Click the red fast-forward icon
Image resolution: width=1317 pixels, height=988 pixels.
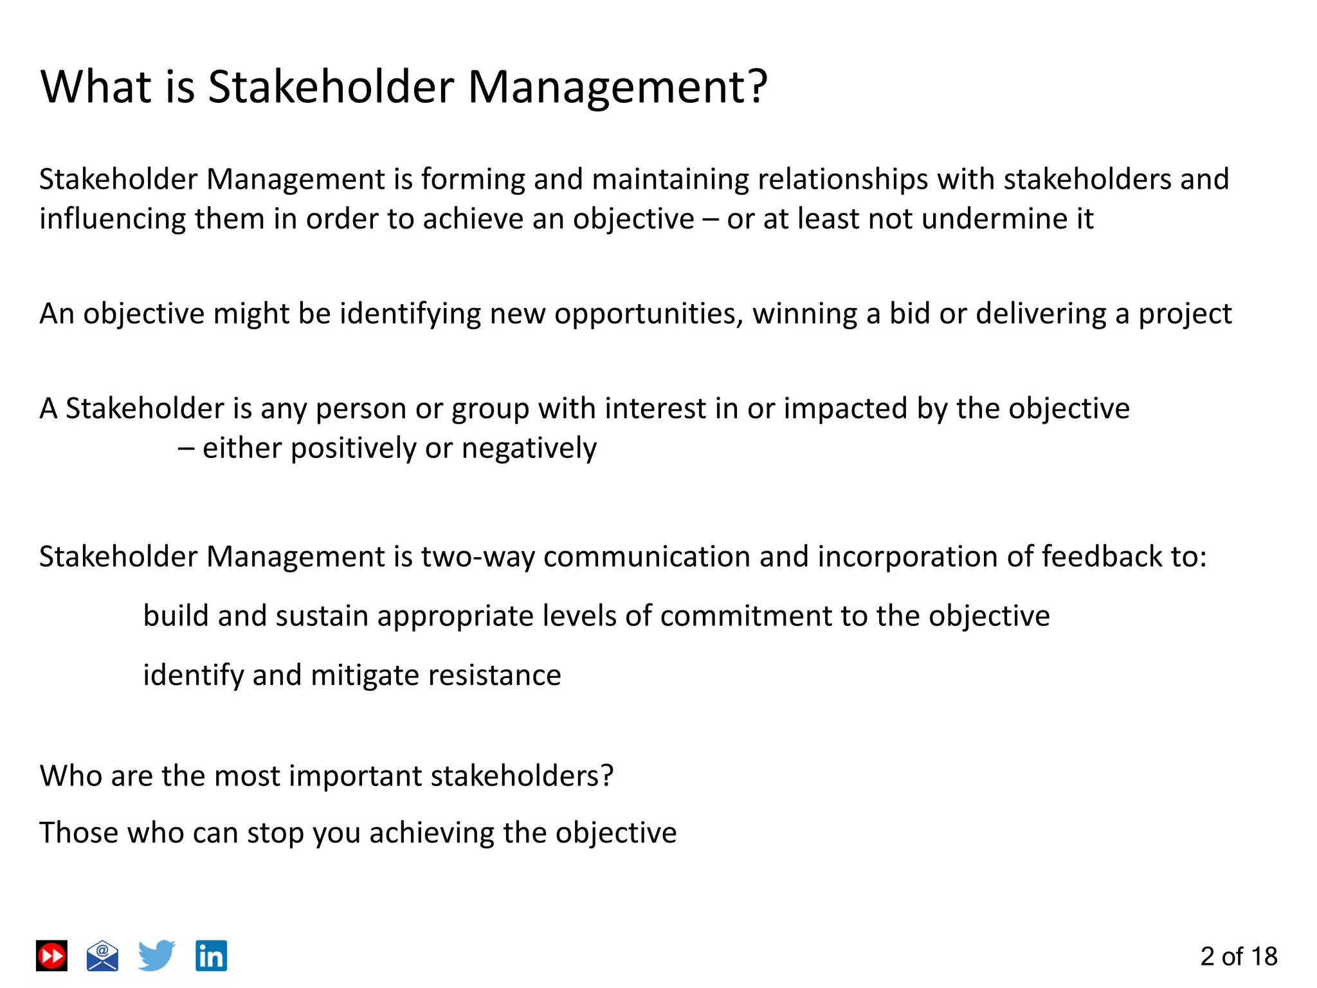51,956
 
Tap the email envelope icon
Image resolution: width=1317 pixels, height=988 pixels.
102,956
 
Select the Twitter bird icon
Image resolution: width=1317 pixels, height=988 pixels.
156,955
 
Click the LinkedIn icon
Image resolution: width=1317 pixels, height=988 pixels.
211,956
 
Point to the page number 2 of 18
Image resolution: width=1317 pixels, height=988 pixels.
1238,956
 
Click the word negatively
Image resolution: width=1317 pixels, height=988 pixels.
529,448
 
